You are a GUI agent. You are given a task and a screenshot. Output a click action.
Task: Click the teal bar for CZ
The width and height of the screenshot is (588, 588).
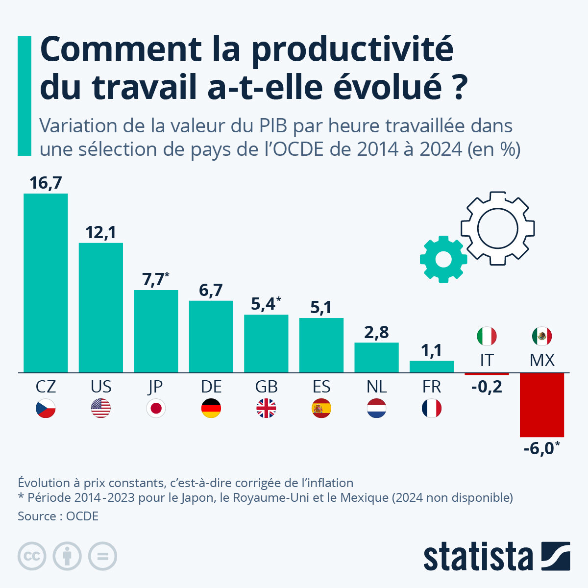[x=46, y=283]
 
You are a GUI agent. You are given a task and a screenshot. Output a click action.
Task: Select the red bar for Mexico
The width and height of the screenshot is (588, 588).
[x=541, y=405]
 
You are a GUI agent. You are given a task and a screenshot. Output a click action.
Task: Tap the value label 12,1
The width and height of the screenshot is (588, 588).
[x=100, y=232]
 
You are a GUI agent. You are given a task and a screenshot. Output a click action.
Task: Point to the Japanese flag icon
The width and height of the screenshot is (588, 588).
[x=156, y=408]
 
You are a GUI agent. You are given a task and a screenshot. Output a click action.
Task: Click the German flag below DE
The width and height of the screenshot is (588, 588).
[x=211, y=408]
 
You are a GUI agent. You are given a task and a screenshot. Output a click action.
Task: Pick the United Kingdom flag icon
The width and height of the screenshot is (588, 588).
[x=266, y=408]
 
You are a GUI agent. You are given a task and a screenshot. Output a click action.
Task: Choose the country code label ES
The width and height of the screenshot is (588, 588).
[x=321, y=387]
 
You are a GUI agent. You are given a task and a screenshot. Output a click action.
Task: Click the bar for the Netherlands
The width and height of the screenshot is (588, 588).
[x=376, y=357]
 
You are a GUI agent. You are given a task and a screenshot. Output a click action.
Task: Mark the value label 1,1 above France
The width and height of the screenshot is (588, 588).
[x=432, y=351]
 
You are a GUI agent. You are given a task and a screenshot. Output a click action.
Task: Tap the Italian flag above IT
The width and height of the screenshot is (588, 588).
[x=487, y=336]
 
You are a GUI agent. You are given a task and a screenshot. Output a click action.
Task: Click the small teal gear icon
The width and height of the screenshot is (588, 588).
[x=443, y=259]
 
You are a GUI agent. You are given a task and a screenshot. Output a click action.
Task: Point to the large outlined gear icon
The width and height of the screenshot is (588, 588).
[x=497, y=228]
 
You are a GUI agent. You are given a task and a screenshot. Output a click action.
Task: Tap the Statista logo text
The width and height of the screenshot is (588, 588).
[x=478, y=557]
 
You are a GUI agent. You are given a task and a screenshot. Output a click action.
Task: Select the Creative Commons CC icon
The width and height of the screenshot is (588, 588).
[x=32, y=556]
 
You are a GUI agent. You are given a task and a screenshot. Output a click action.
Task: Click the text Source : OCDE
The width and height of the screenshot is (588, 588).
[x=58, y=516]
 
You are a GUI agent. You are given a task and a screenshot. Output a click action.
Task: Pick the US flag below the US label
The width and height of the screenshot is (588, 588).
[x=101, y=408]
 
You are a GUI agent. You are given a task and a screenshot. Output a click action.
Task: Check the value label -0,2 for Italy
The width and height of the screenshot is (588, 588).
[x=487, y=387]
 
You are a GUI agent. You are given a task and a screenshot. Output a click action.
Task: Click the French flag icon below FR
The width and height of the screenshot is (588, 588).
[x=432, y=408]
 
